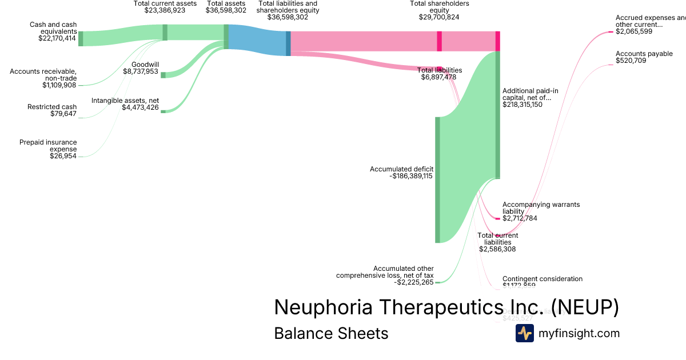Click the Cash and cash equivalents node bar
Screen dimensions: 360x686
click(81, 38)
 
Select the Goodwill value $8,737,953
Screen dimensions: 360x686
click(141, 71)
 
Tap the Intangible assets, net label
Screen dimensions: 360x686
click(125, 101)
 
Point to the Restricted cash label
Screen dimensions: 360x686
click(51, 107)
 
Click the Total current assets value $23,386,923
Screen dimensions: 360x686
click(165, 10)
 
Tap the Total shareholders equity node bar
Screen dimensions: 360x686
click(439, 41)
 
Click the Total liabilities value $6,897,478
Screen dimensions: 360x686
click(438, 77)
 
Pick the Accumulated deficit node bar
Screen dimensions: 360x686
click(438, 179)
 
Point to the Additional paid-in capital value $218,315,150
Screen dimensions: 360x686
click(523, 105)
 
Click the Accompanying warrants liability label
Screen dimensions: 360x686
click(533, 208)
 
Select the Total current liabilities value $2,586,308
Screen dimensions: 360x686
click(497, 249)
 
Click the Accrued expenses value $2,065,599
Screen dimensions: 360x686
click(634, 32)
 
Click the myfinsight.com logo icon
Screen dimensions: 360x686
click(524, 333)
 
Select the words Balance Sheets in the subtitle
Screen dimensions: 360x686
click(331, 333)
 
